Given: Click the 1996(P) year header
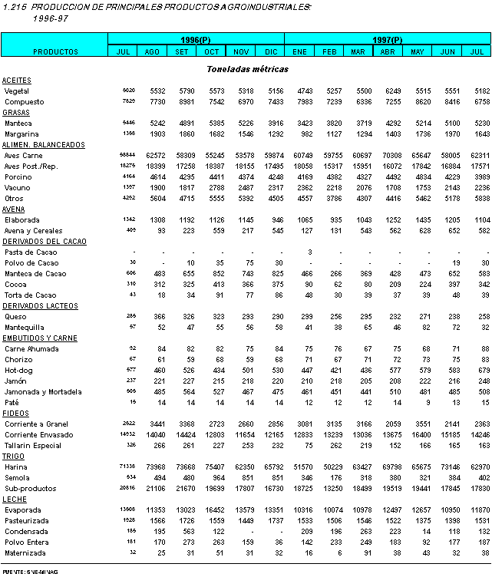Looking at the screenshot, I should [x=196, y=38].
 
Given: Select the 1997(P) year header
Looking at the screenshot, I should [x=388, y=38].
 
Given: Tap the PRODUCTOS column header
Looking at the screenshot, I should [x=55, y=51].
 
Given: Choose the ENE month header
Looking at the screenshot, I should [x=299, y=51].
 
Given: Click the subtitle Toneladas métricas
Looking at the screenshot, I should [x=247, y=69].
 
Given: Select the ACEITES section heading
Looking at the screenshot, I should [x=17, y=80].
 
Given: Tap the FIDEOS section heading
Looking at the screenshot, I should [x=15, y=413].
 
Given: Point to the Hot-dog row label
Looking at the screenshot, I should [x=18, y=370].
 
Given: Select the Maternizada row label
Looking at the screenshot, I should [x=24, y=551].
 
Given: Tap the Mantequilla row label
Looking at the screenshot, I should [x=25, y=327].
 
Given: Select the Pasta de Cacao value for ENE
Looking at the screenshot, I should [x=308, y=252].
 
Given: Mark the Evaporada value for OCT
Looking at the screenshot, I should [x=212, y=509].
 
